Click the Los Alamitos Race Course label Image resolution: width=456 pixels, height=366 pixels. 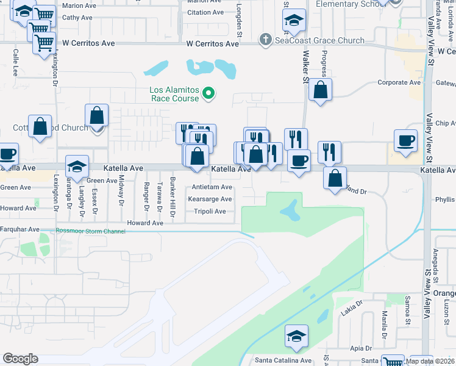174,94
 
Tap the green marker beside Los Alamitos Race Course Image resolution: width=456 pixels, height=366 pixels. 208,93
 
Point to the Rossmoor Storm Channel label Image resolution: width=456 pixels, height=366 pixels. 90,231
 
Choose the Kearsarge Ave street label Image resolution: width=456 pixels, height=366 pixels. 210,199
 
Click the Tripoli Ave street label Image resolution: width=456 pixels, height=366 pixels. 210,212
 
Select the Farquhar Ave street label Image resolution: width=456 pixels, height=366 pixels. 20,229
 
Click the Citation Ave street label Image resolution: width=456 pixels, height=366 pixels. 205,12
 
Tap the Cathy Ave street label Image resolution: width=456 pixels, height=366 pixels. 77,18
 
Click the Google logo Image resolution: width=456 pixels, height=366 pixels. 20,359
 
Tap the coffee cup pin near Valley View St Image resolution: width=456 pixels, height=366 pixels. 406,141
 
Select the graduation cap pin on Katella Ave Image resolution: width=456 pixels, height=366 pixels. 77,167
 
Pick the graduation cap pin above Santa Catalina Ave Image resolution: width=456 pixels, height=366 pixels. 297,336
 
